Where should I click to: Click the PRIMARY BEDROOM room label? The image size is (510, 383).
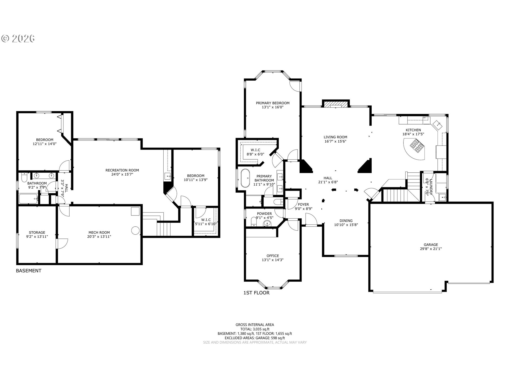273,103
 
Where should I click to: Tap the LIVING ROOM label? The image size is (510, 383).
335,137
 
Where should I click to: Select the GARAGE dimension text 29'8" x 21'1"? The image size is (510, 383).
431,249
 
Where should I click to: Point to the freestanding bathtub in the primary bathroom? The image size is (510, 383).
245,178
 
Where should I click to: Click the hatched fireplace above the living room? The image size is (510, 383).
336,104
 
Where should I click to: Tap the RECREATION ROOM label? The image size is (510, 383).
122,170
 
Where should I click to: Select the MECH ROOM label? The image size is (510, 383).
99,232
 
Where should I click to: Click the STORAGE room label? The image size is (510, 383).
37,232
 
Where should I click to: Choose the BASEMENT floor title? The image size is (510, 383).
29,271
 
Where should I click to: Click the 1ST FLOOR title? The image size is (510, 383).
256,293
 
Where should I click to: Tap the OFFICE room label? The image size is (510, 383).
273,256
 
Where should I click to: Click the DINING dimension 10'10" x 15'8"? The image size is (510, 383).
346,225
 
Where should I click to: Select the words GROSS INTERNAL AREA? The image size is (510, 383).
255,324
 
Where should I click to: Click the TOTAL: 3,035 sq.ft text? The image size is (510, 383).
255,329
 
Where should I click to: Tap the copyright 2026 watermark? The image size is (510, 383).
18,39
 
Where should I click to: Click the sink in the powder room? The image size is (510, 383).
267,223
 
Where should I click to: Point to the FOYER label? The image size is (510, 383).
303,205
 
